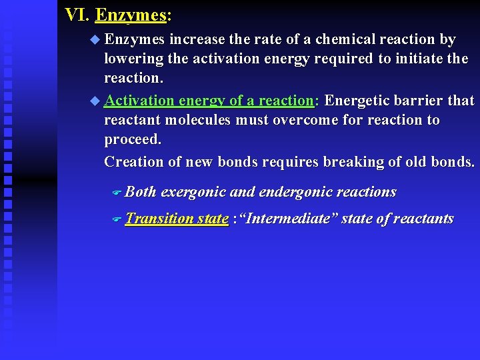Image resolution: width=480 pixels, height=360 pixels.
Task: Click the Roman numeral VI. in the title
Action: [x=77, y=14]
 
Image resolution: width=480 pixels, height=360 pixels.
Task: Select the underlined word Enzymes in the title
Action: [x=130, y=14]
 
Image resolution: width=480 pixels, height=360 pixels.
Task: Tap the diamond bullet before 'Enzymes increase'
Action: [x=94, y=40]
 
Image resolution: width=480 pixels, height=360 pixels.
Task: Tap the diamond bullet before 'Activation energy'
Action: [x=94, y=101]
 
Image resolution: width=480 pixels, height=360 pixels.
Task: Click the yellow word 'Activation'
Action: [x=137, y=101]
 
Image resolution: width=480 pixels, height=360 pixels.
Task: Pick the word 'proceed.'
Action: [x=133, y=140]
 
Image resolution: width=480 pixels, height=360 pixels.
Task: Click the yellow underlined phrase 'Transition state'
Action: [x=177, y=219]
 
